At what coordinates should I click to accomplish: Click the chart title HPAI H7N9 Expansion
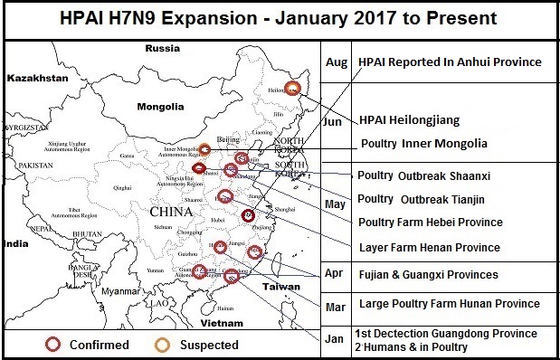coord(280,19)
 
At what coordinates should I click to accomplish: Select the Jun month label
coord(333,120)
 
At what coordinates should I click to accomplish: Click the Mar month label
coord(335,308)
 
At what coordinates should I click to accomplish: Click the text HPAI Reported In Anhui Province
coord(450,62)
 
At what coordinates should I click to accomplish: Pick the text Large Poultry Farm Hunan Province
coord(449,304)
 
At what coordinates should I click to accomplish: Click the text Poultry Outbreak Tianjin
coord(422,199)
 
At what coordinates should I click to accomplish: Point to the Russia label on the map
coord(162,48)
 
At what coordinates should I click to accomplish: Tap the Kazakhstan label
coord(37,80)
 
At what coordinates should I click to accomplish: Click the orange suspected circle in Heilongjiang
coord(292,88)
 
